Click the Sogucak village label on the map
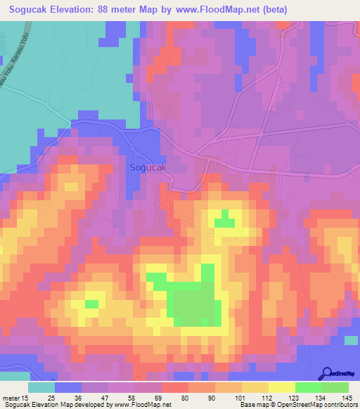(x=148, y=168)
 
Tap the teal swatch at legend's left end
(x=41, y=387)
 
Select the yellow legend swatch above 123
(x=282, y=387)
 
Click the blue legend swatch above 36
(x=68, y=387)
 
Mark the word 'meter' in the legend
(x=13, y=398)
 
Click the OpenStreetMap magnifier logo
(x=326, y=372)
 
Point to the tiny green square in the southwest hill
(x=91, y=304)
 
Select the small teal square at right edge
(x=352, y=341)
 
